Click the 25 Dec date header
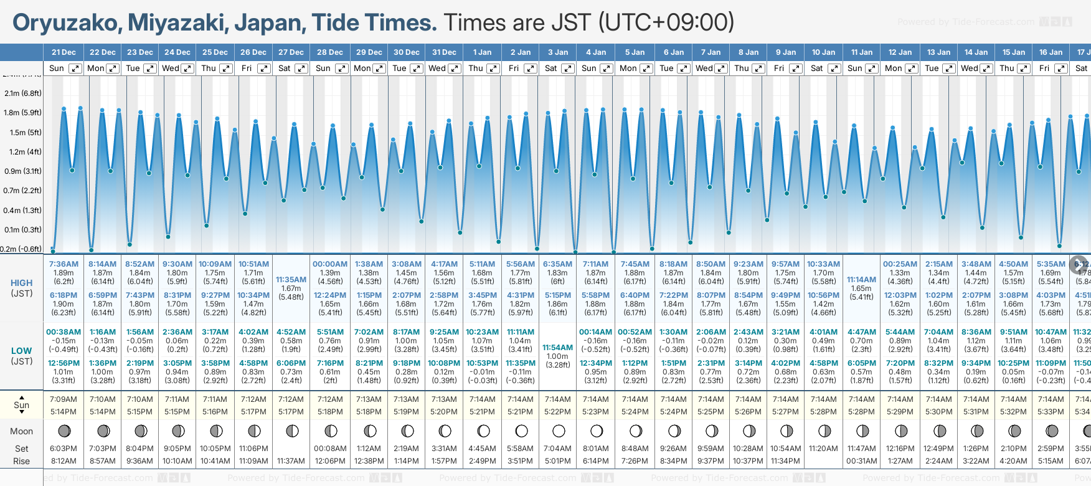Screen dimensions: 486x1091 pos(215,52)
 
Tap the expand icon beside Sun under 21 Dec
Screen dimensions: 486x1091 pos(75,69)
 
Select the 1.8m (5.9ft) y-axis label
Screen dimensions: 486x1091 pos(22,113)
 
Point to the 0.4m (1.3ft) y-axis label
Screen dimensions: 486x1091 pos(22,211)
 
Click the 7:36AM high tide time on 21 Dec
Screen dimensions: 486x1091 pos(64,264)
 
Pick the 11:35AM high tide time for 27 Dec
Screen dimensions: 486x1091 pos(291,280)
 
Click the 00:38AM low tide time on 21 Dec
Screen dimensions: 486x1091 pos(64,332)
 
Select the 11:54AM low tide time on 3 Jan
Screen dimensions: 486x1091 pos(557,348)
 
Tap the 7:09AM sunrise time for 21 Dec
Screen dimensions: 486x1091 pos(64,399)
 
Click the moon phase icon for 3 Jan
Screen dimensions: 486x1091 pos(559,431)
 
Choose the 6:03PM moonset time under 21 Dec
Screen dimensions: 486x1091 pos(64,449)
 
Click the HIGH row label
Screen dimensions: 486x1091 pos(22,283)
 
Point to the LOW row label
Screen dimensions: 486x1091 pos(22,351)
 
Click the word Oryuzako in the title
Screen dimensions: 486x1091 pos(67,23)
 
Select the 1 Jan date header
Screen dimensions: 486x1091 pos(482,52)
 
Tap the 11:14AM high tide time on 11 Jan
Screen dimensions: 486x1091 pos(862,280)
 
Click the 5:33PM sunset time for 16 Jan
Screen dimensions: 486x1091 pos(1051,412)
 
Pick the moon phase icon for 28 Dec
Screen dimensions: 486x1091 pos(331,431)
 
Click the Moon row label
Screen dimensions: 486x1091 pos(22,431)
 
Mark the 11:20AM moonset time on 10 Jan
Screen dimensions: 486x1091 pos(823,449)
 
